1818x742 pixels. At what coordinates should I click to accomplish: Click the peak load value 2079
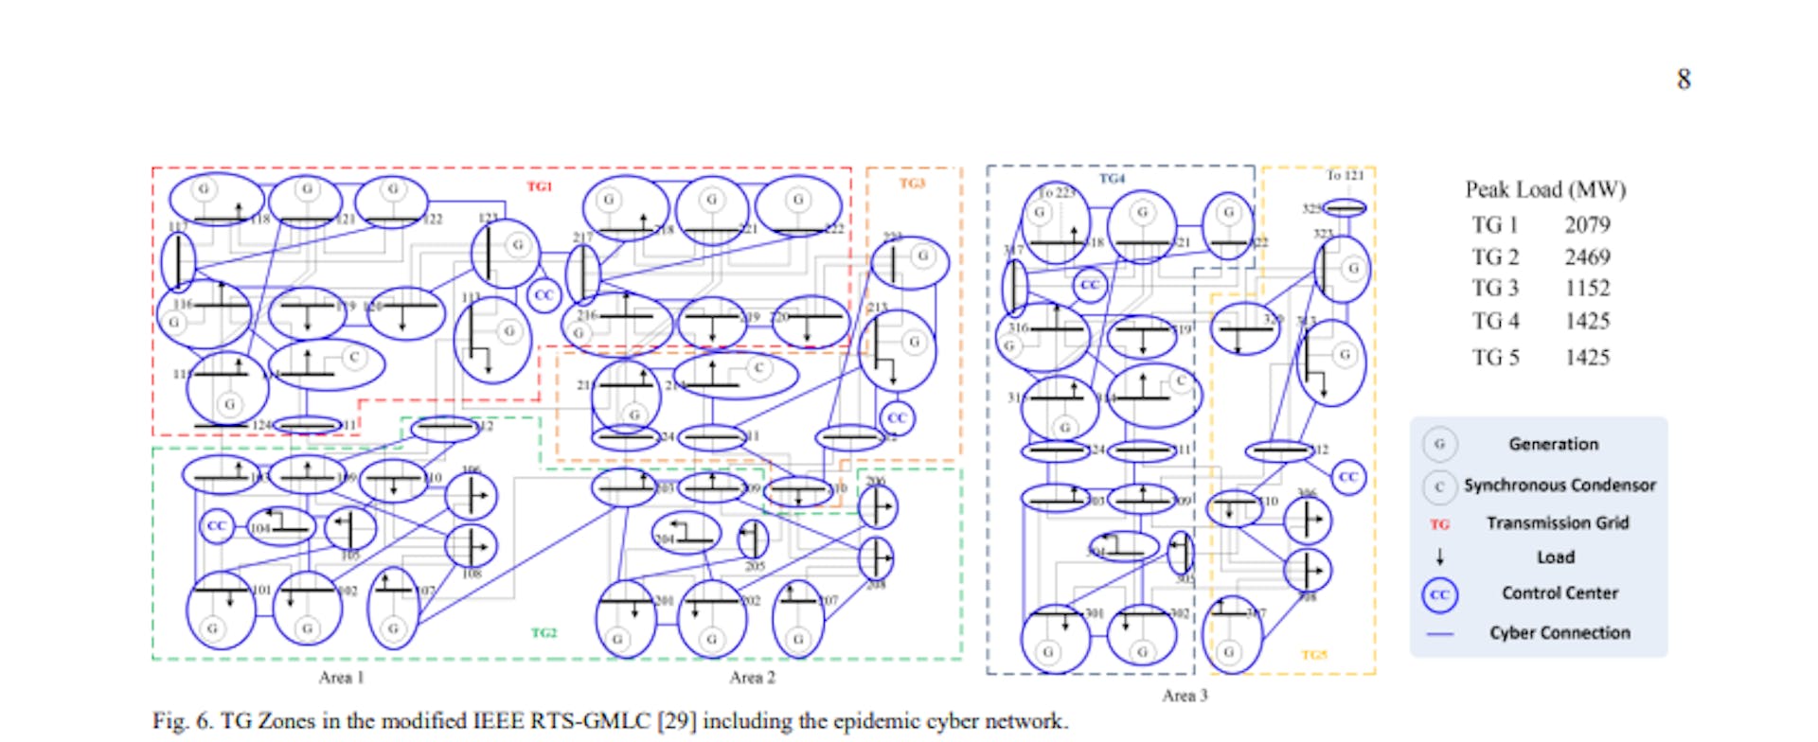pyautogui.click(x=1587, y=225)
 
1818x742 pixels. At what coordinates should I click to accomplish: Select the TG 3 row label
pyautogui.click(x=1494, y=289)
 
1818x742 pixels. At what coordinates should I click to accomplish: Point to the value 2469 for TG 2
pyautogui.click(x=1587, y=257)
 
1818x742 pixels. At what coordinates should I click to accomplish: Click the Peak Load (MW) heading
pyautogui.click(x=1545, y=189)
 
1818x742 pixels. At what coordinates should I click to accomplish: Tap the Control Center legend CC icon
pyautogui.click(x=1439, y=594)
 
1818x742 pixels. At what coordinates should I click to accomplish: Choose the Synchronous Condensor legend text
pyautogui.click(x=1560, y=486)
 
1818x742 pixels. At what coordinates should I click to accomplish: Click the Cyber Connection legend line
pyautogui.click(x=1439, y=633)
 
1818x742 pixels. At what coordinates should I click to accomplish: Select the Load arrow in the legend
pyautogui.click(x=1439, y=557)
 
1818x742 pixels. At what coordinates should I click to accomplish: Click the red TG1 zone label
pyautogui.click(x=539, y=186)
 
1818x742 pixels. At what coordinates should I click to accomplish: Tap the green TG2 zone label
pyautogui.click(x=544, y=632)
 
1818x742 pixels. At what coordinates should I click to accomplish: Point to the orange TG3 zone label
pyautogui.click(x=912, y=183)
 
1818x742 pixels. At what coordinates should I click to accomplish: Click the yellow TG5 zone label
pyautogui.click(x=1314, y=655)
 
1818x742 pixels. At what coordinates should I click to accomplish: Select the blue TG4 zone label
pyautogui.click(x=1112, y=178)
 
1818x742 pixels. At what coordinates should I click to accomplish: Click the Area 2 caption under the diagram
pyautogui.click(x=752, y=678)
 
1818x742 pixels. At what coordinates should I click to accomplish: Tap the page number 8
pyautogui.click(x=1684, y=79)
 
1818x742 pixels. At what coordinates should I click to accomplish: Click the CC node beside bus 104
pyautogui.click(x=217, y=525)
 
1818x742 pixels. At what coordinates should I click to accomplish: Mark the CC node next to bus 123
pyautogui.click(x=544, y=295)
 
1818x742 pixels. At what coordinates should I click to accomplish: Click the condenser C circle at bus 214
pyautogui.click(x=758, y=368)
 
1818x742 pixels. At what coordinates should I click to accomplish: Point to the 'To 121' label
pyautogui.click(x=1345, y=175)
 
